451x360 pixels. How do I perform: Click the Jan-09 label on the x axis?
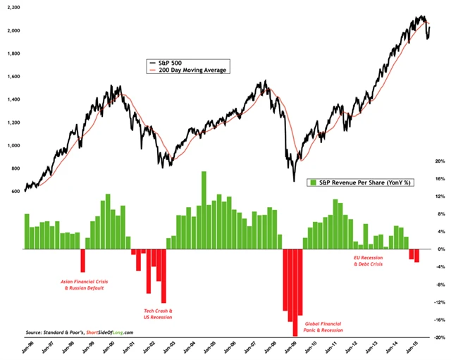pyautogui.click(x=290, y=347)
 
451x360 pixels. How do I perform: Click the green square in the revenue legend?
pyautogui.click(x=311, y=182)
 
